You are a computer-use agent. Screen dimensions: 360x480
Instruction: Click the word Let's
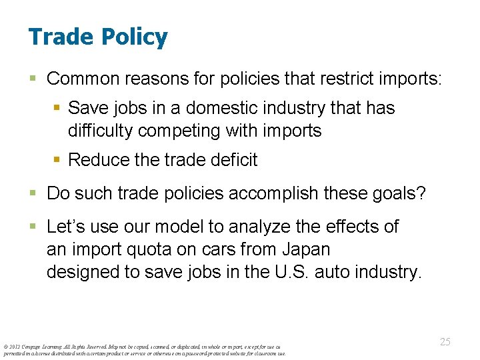point(64,227)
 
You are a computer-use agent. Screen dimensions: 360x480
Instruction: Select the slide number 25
point(445,341)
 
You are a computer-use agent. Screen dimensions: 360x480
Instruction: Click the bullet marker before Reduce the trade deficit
point(59,160)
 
